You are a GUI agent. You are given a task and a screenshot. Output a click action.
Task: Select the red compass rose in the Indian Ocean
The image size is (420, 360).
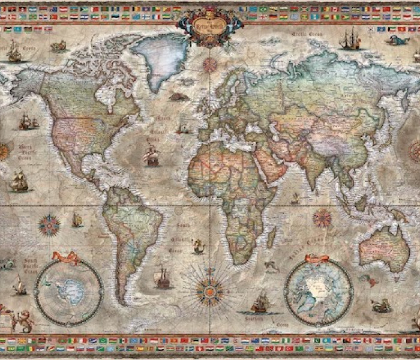(x=322, y=217)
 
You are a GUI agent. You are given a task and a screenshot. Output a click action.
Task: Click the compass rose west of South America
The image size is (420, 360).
(x=49, y=225)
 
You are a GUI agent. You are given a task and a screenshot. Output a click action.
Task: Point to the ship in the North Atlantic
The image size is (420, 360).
(x=151, y=157)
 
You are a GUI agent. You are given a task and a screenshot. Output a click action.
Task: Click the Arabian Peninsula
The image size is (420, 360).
(x=267, y=163)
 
